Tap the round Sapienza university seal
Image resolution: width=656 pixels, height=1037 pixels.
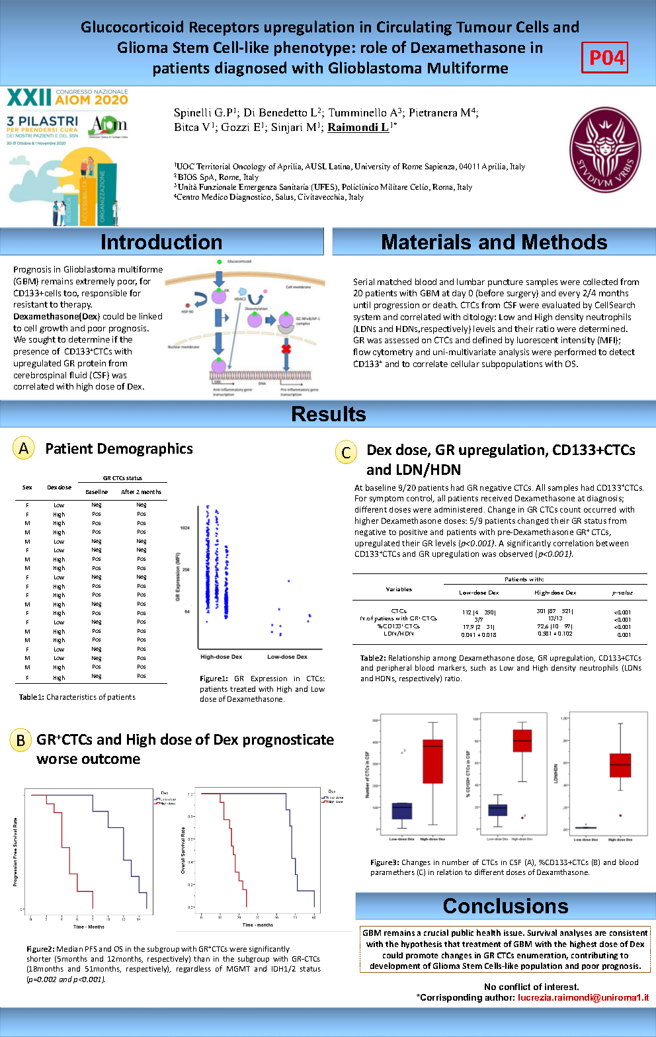click(605, 150)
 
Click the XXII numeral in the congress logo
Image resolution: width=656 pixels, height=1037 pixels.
click(28, 99)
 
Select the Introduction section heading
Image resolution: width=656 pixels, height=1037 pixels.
click(161, 242)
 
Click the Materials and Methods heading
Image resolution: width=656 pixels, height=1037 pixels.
click(494, 242)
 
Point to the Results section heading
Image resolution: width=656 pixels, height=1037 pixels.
click(328, 414)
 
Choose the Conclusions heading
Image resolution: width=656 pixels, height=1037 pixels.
click(505, 905)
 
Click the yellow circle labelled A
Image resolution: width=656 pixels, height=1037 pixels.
click(23, 448)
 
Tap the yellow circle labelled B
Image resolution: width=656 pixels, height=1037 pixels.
click(20, 739)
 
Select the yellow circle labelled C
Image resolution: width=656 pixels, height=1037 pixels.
click(345, 452)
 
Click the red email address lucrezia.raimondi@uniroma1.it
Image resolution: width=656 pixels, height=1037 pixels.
click(583, 997)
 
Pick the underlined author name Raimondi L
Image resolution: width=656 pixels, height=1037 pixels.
click(358, 127)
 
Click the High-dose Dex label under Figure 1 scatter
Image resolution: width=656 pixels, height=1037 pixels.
click(221, 657)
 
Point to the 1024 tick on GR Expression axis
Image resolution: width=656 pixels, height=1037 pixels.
click(184, 528)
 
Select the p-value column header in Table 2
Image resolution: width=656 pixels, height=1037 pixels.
click(622, 593)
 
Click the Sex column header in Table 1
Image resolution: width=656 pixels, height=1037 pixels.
click(27, 487)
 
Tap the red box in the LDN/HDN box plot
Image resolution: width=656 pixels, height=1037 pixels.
click(620, 765)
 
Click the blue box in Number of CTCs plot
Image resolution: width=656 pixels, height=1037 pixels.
click(402, 811)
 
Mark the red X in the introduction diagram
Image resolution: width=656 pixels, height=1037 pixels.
click(286, 349)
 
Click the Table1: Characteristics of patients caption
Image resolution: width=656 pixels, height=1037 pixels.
click(77, 697)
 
